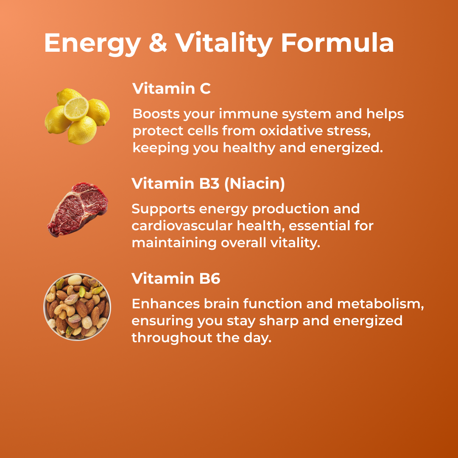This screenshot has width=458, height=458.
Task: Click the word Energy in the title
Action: [x=92, y=43]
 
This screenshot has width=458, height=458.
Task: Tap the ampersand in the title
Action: [x=158, y=42]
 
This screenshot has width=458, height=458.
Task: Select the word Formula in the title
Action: [x=337, y=42]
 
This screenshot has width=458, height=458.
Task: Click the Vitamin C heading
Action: [x=171, y=89]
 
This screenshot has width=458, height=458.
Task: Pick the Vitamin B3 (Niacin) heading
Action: [x=208, y=184]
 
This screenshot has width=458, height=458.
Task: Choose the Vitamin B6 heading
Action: [x=176, y=279]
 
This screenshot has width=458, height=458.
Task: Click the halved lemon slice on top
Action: [x=76, y=109]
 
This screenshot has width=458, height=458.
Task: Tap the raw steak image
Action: [x=77, y=209]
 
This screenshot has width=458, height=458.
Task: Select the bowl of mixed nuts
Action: [x=77, y=307]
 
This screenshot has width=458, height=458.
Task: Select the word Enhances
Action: [x=165, y=304]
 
